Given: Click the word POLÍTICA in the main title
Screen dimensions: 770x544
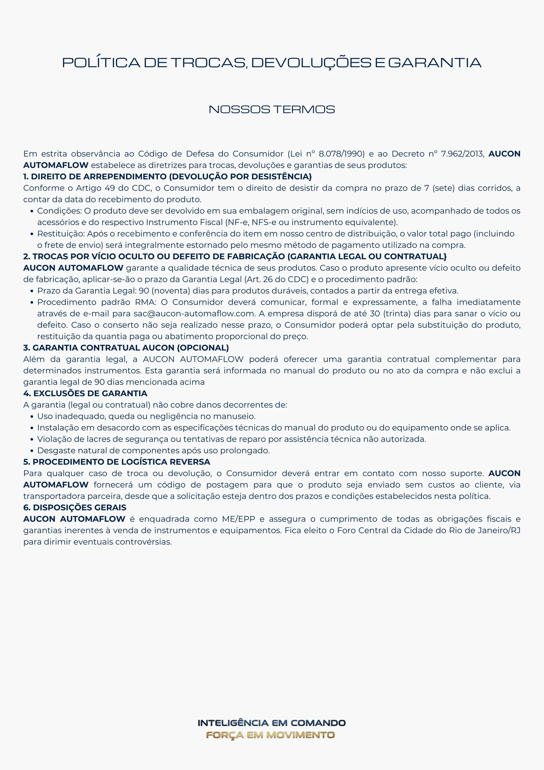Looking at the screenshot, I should [x=101, y=63].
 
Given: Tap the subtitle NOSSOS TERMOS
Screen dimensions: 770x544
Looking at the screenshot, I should [x=272, y=109].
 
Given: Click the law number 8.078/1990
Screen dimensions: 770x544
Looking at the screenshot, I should [x=341, y=154].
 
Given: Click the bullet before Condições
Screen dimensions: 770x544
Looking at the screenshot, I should [x=32, y=211].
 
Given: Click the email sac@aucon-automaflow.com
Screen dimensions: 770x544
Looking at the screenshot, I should [x=194, y=314].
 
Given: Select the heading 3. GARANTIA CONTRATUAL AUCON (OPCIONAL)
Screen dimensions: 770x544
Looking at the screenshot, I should [x=126, y=348].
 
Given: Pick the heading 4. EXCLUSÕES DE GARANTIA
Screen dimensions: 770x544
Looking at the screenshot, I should [x=85, y=393].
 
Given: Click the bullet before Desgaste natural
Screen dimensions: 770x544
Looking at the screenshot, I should [x=32, y=451].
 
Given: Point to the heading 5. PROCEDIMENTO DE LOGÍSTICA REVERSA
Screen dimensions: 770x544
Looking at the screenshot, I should [x=116, y=462].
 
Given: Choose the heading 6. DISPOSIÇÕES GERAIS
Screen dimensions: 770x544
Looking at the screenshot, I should [x=75, y=508].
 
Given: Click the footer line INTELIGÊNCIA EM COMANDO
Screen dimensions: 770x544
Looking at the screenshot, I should [x=272, y=723].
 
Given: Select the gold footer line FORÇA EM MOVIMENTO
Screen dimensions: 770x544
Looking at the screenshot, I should [x=270, y=735].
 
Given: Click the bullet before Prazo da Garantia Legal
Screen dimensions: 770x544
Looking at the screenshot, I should [x=32, y=291].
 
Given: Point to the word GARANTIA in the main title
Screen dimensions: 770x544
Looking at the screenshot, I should [x=434, y=63].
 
